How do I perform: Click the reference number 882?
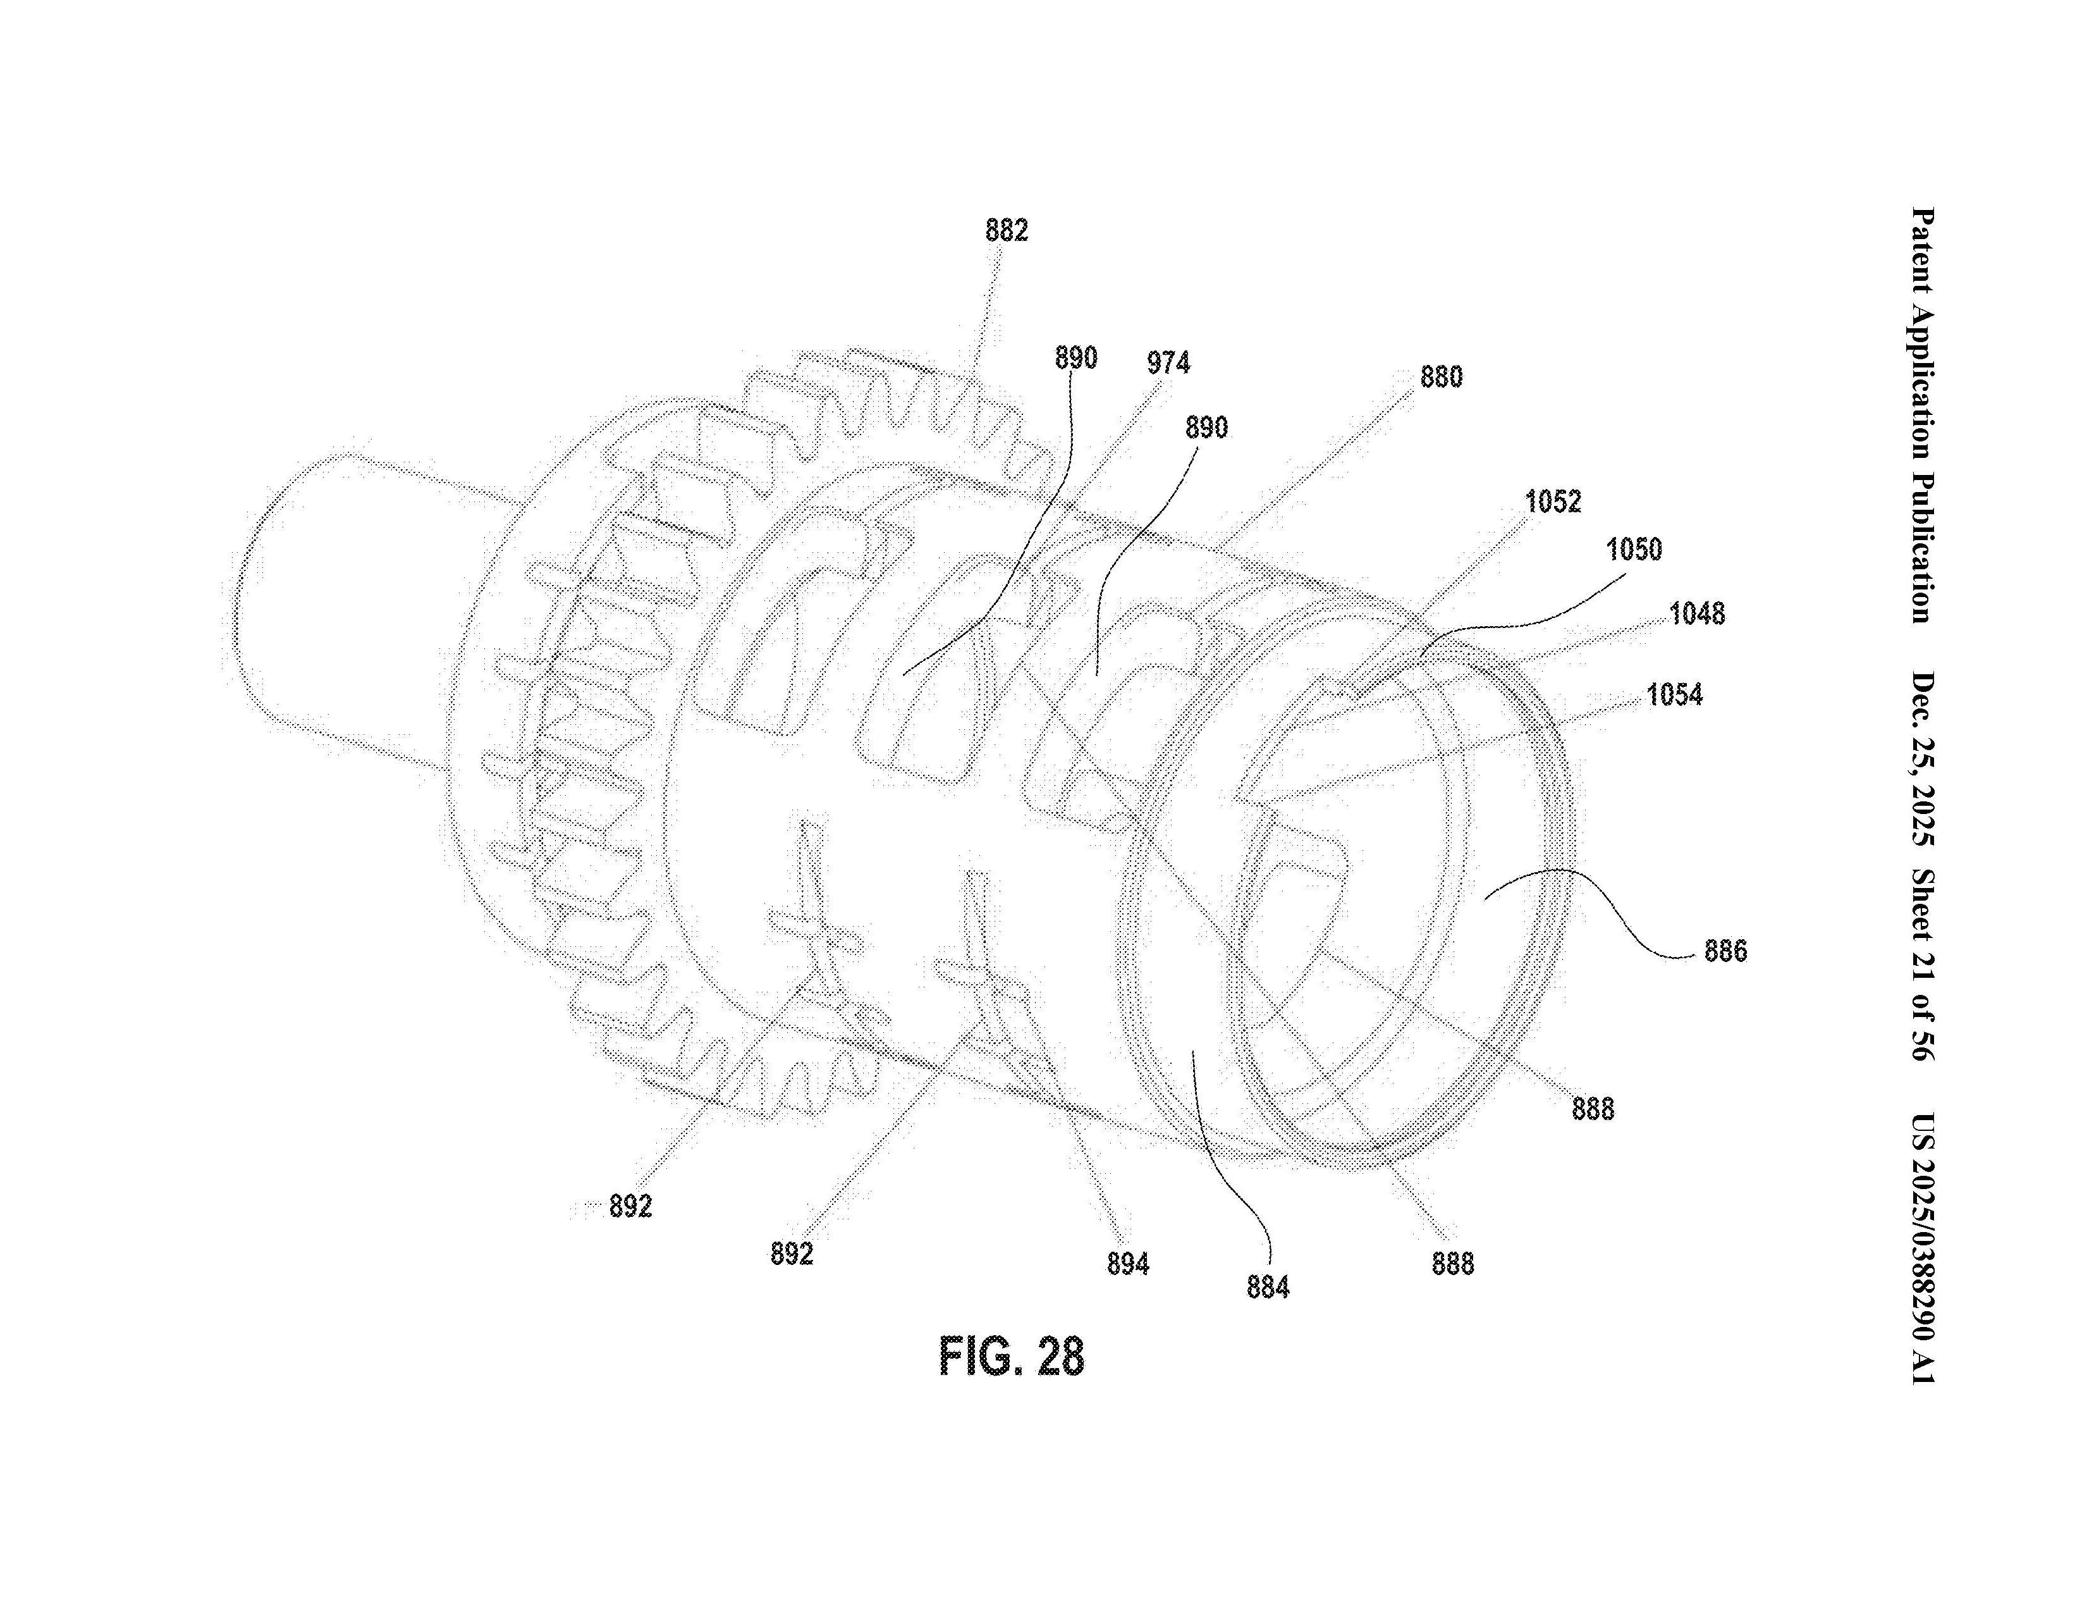pos(1007,231)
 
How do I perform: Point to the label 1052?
pos(1553,502)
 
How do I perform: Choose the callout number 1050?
pos(1634,550)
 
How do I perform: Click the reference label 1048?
pos(1697,614)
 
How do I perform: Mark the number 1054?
pos(1674,695)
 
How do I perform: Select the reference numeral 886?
pos(1725,951)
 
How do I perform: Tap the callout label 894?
pos(1128,1264)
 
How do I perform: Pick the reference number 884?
pos(1267,1288)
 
